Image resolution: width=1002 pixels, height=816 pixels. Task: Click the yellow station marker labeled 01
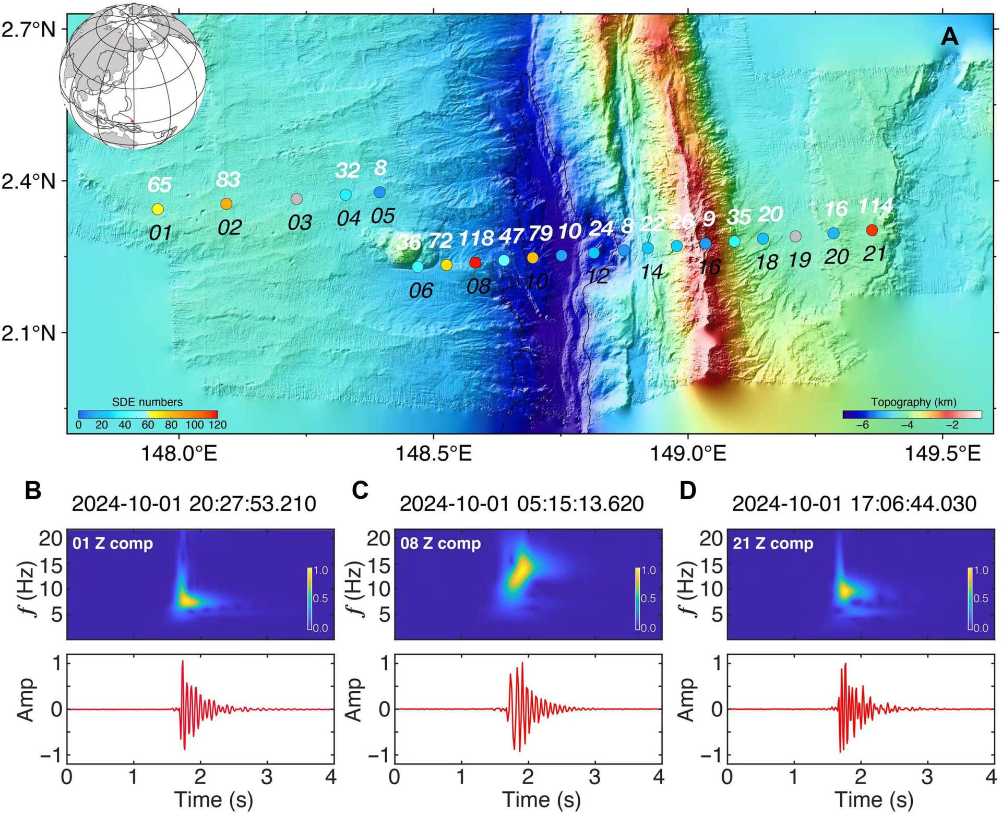[158, 209]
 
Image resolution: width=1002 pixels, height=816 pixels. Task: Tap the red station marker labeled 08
[475, 262]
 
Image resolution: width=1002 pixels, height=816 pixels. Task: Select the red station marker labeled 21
[872, 230]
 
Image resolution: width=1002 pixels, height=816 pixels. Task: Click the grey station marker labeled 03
[296, 199]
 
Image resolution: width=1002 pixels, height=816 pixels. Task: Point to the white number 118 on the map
[476, 238]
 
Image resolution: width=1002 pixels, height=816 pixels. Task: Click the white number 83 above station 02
[228, 180]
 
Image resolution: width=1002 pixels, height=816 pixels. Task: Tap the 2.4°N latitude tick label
[29, 181]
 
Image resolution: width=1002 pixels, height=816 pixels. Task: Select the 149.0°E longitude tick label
[687, 453]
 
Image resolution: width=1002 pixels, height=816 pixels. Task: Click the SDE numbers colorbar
[148, 414]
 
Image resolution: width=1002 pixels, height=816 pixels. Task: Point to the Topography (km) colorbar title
[913, 402]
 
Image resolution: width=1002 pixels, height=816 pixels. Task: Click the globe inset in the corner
[133, 76]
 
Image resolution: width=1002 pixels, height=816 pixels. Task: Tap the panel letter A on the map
[949, 37]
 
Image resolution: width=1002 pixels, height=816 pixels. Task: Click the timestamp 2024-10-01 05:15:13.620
[521, 504]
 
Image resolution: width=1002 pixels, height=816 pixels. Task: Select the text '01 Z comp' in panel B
[113, 544]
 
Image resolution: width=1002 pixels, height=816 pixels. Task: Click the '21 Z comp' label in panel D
[773, 544]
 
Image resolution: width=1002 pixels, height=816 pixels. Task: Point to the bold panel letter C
[361, 490]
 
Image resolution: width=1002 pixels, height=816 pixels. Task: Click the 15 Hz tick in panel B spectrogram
[51, 565]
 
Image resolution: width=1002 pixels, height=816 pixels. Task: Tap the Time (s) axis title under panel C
[541, 799]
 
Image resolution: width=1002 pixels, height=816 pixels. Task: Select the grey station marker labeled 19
[795, 236]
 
